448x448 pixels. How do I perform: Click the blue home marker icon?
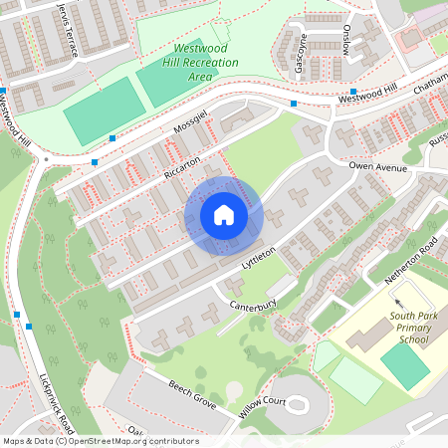tap(223, 215)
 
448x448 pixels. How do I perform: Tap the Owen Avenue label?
tap(378, 167)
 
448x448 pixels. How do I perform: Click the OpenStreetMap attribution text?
tap(100, 441)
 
